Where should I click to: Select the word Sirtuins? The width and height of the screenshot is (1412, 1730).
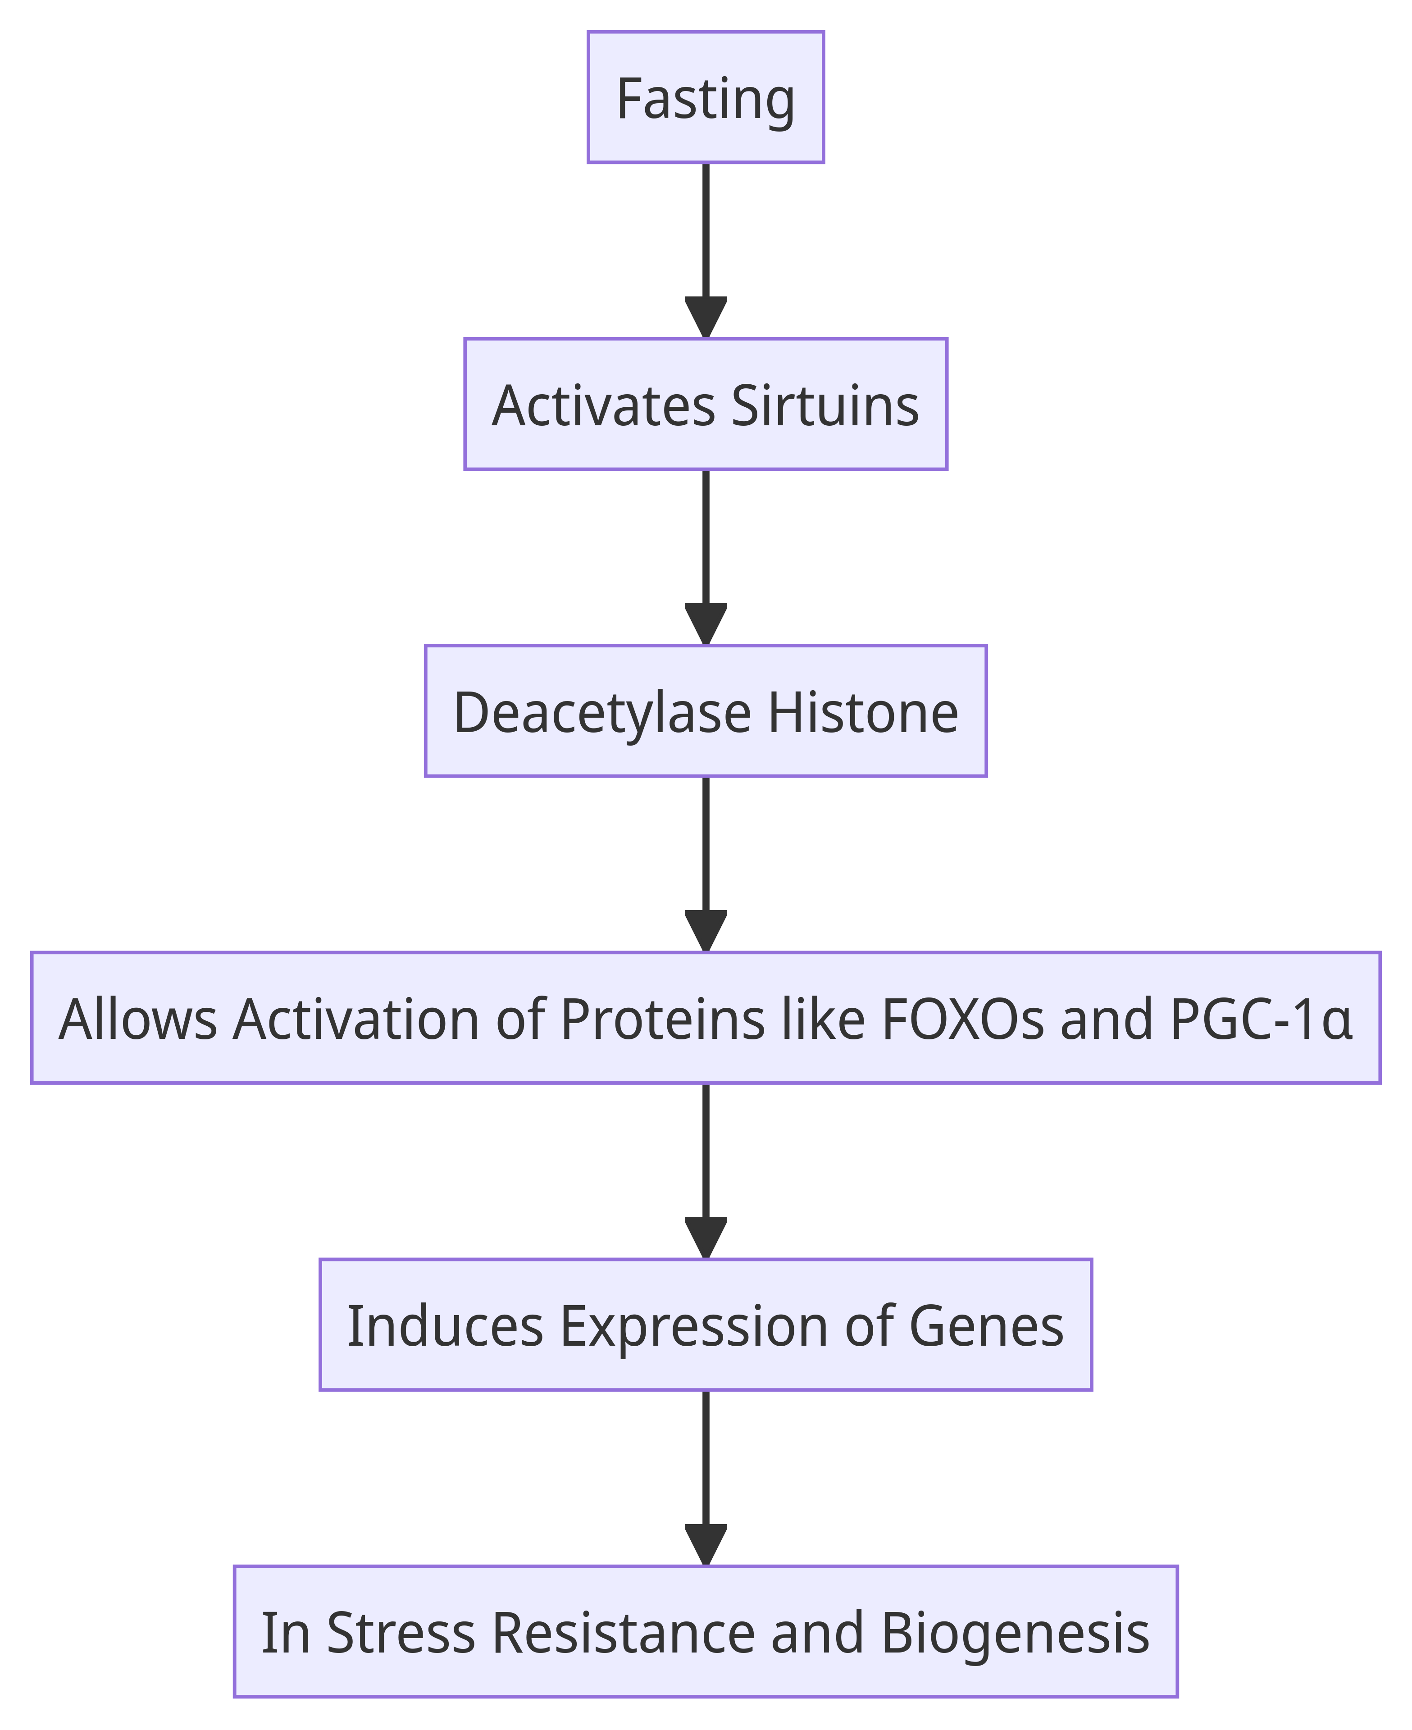pyautogui.click(x=825, y=405)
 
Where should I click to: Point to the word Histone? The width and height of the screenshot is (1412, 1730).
pyautogui.click(x=862, y=712)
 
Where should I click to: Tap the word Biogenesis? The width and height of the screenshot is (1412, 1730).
pyautogui.click(x=1015, y=1632)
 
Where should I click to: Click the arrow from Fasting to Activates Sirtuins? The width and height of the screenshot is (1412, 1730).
pyautogui.click(x=705, y=250)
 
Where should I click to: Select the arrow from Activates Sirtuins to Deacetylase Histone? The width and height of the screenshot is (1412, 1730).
pyautogui.click(x=705, y=557)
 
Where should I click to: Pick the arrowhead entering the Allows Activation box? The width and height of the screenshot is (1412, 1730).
pyautogui.click(x=705, y=931)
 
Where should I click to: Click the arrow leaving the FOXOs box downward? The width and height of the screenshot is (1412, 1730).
pyautogui.click(x=705, y=1171)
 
